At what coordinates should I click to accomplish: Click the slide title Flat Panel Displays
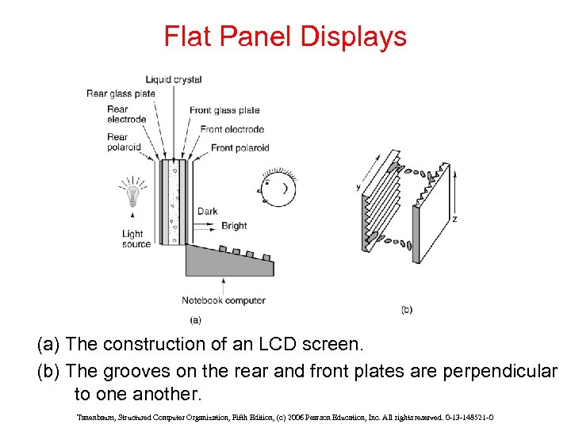coord(285,36)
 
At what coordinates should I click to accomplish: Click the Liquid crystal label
coord(174,79)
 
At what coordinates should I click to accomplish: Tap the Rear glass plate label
coord(121,94)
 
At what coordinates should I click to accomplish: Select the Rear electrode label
coord(127,114)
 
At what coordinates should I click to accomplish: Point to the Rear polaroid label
coord(124,142)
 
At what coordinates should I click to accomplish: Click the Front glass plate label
coord(224,110)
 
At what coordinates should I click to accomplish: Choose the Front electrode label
coord(232,129)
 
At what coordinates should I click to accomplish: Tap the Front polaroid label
coord(240,147)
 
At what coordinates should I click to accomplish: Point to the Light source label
coord(136,239)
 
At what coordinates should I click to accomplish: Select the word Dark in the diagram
coord(208,212)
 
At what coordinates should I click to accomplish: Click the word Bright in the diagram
coord(234,226)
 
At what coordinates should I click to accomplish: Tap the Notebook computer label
coord(224,300)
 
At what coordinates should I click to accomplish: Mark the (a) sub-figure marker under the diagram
coord(195,320)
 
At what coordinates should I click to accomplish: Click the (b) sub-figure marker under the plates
coord(407,309)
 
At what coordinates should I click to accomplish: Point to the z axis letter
coord(454,219)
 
